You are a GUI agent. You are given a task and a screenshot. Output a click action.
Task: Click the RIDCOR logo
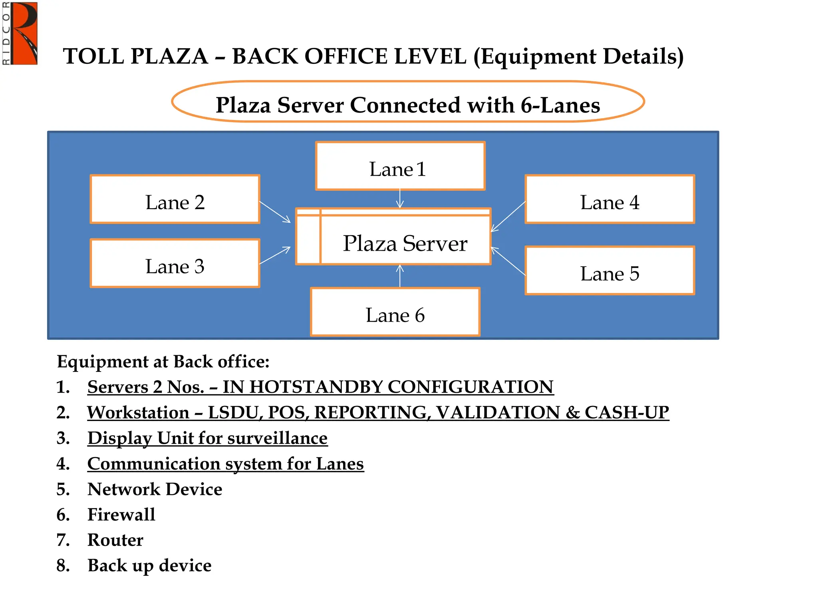pyautogui.click(x=20, y=34)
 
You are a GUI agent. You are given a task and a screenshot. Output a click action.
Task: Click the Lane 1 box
pyautogui.click(x=400, y=166)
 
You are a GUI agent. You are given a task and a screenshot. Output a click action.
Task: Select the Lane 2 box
pyautogui.click(x=175, y=199)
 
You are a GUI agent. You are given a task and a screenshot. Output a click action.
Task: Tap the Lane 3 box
pyautogui.click(x=175, y=263)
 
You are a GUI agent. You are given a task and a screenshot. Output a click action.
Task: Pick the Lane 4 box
pyautogui.click(x=610, y=199)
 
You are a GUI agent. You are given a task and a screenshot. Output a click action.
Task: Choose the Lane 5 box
pyautogui.click(x=610, y=271)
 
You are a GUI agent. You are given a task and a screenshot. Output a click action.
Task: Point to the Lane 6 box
pyautogui.click(x=395, y=312)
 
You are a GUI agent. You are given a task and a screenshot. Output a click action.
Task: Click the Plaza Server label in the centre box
pyautogui.click(x=405, y=243)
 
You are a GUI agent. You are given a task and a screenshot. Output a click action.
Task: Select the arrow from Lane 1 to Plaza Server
pyautogui.click(x=400, y=199)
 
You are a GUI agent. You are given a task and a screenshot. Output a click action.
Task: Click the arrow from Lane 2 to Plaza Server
pyautogui.click(x=275, y=212)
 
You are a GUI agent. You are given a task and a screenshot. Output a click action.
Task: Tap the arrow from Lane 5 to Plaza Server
pyautogui.click(x=508, y=261)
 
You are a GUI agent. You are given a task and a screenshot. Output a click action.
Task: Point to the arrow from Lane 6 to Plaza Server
pyautogui.click(x=400, y=276)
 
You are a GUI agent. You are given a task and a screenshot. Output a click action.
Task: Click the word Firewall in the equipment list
pyautogui.click(x=121, y=514)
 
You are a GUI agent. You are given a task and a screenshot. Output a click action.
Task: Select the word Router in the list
pyautogui.click(x=115, y=540)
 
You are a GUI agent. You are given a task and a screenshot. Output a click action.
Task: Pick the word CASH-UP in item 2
pyautogui.click(x=627, y=413)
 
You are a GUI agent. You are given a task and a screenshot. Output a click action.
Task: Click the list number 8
pyautogui.click(x=63, y=566)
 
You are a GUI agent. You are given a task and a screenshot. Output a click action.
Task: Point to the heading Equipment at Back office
pyautogui.click(x=163, y=362)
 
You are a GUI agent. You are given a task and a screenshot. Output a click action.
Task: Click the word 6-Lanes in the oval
pyautogui.click(x=560, y=105)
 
